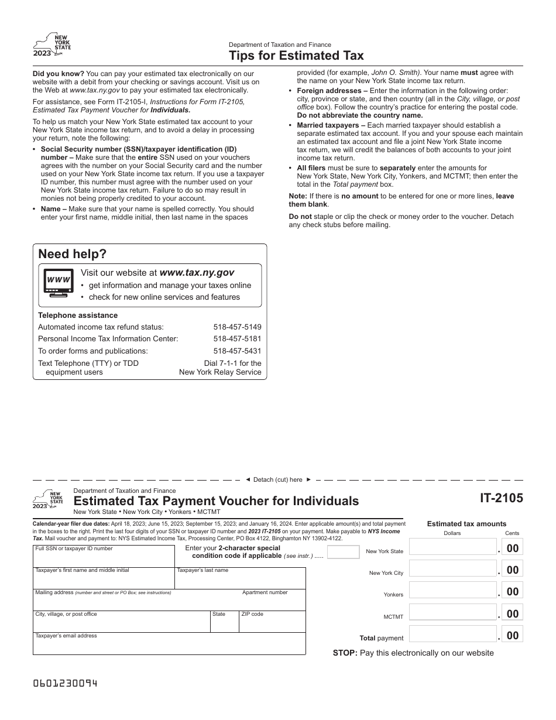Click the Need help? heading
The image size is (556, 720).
pos(73,254)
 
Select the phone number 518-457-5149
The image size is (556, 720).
pos(237,327)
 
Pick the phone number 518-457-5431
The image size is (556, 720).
pos(237,351)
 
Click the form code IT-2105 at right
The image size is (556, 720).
pos(502,499)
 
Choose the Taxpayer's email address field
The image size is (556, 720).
pos(169,644)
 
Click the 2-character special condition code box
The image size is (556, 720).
pos(343,552)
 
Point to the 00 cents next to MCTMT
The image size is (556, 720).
pos(512,613)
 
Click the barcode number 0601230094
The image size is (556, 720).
pos(65,684)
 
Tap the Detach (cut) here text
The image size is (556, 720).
pos(278,479)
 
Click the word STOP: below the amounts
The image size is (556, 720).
pos(345,653)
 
